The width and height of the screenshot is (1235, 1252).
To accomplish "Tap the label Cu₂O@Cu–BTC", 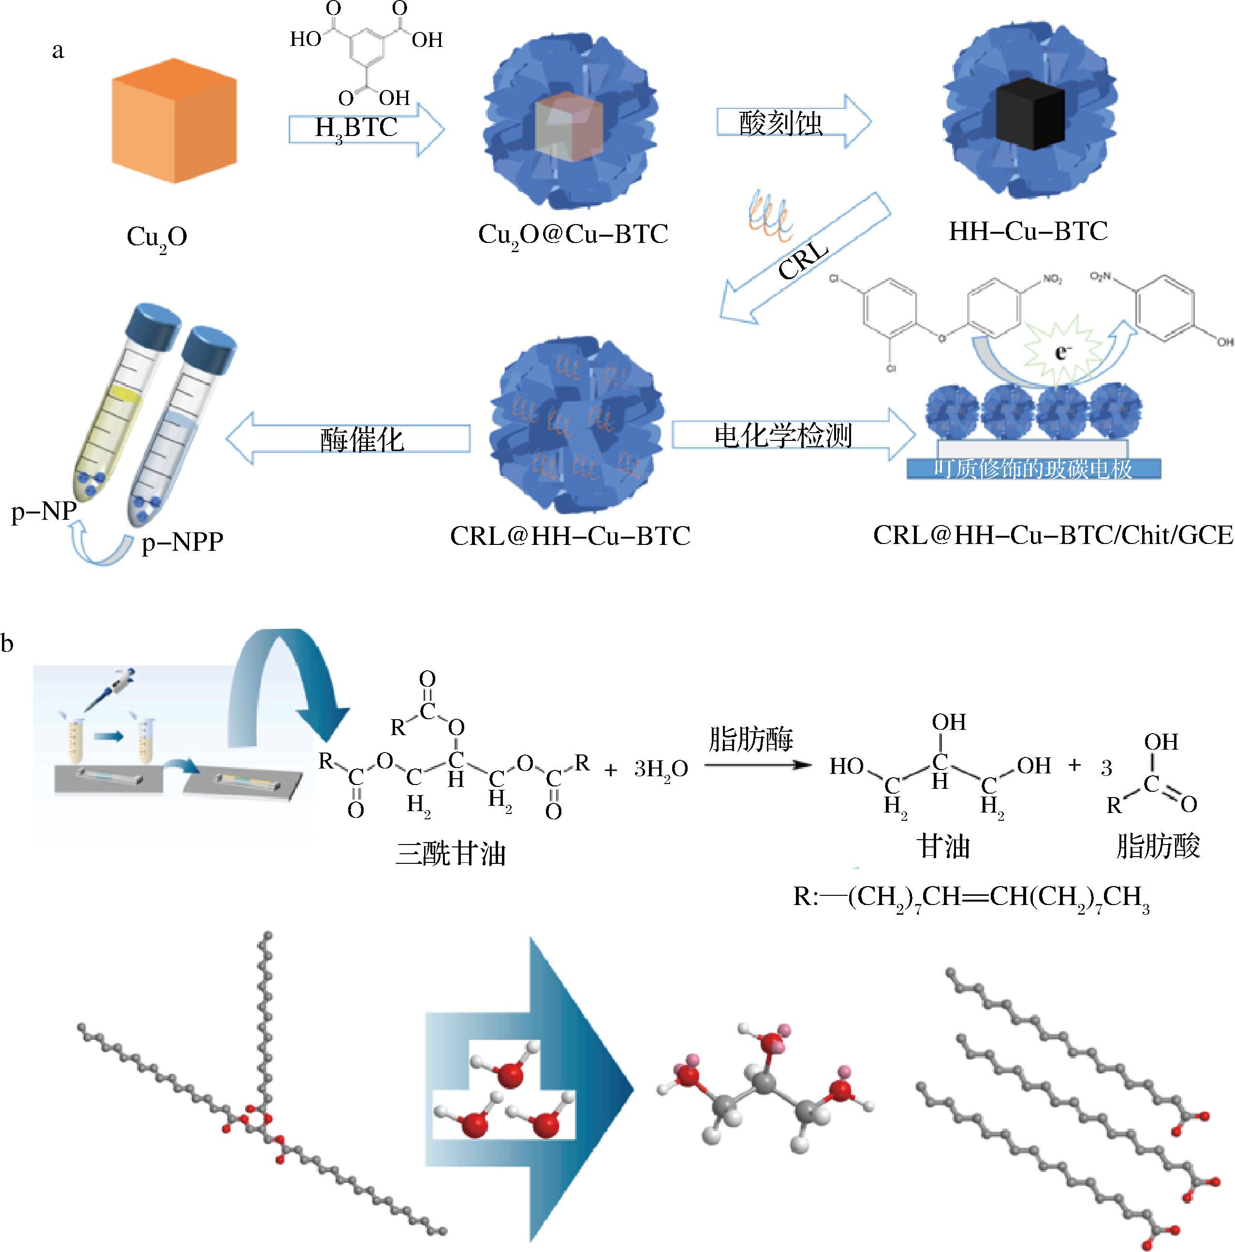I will (x=573, y=235).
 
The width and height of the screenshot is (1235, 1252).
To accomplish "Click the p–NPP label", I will (x=183, y=541).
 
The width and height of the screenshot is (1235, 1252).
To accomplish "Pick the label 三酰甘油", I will (x=451, y=854).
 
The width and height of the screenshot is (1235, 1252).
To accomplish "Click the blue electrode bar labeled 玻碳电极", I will (x=1033, y=468).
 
